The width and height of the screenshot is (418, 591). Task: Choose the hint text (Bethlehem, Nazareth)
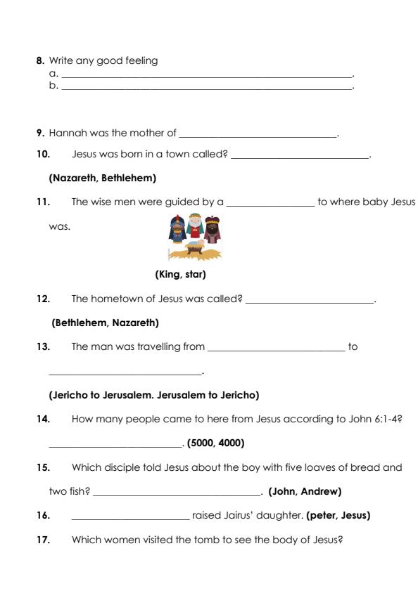[106, 323]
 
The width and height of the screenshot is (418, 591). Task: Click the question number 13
[43, 346]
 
